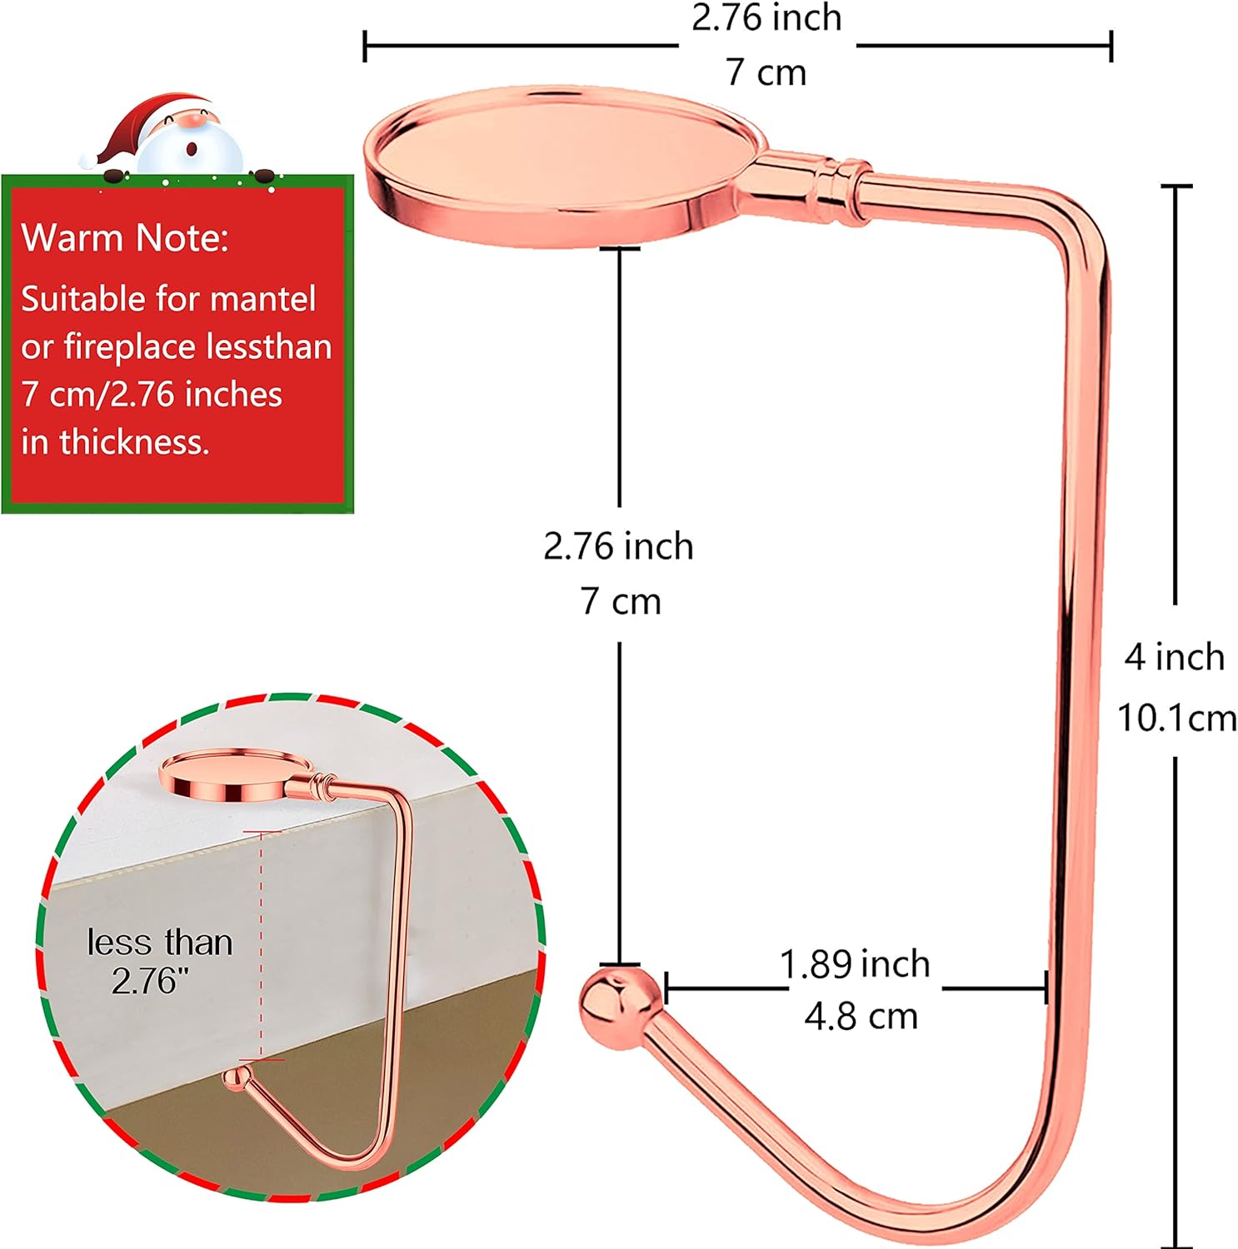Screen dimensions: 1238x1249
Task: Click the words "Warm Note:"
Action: (125, 238)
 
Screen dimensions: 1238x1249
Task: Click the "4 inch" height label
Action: (1175, 658)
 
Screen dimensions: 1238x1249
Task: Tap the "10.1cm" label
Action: (1176, 718)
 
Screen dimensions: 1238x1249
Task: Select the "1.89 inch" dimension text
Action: (855, 964)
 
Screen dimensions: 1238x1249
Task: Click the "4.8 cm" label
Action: (861, 1017)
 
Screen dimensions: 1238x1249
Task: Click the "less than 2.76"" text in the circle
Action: (157, 962)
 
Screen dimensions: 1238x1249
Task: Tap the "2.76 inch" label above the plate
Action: (766, 18)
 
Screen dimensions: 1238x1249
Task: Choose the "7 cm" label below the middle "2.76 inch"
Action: (621, 601)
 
